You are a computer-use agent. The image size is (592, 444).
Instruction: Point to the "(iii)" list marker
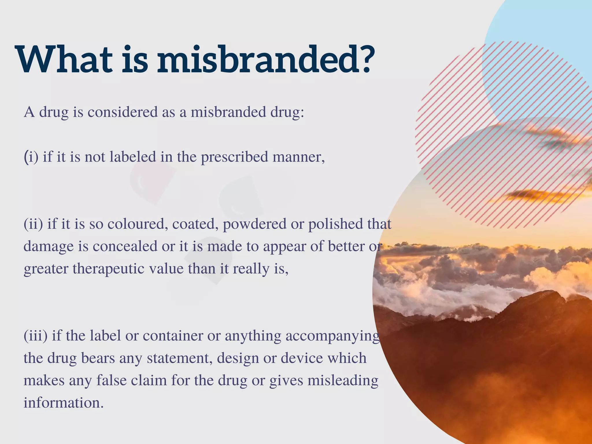(36, 336)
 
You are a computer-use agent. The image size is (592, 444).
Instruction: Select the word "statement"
(180, 358)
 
